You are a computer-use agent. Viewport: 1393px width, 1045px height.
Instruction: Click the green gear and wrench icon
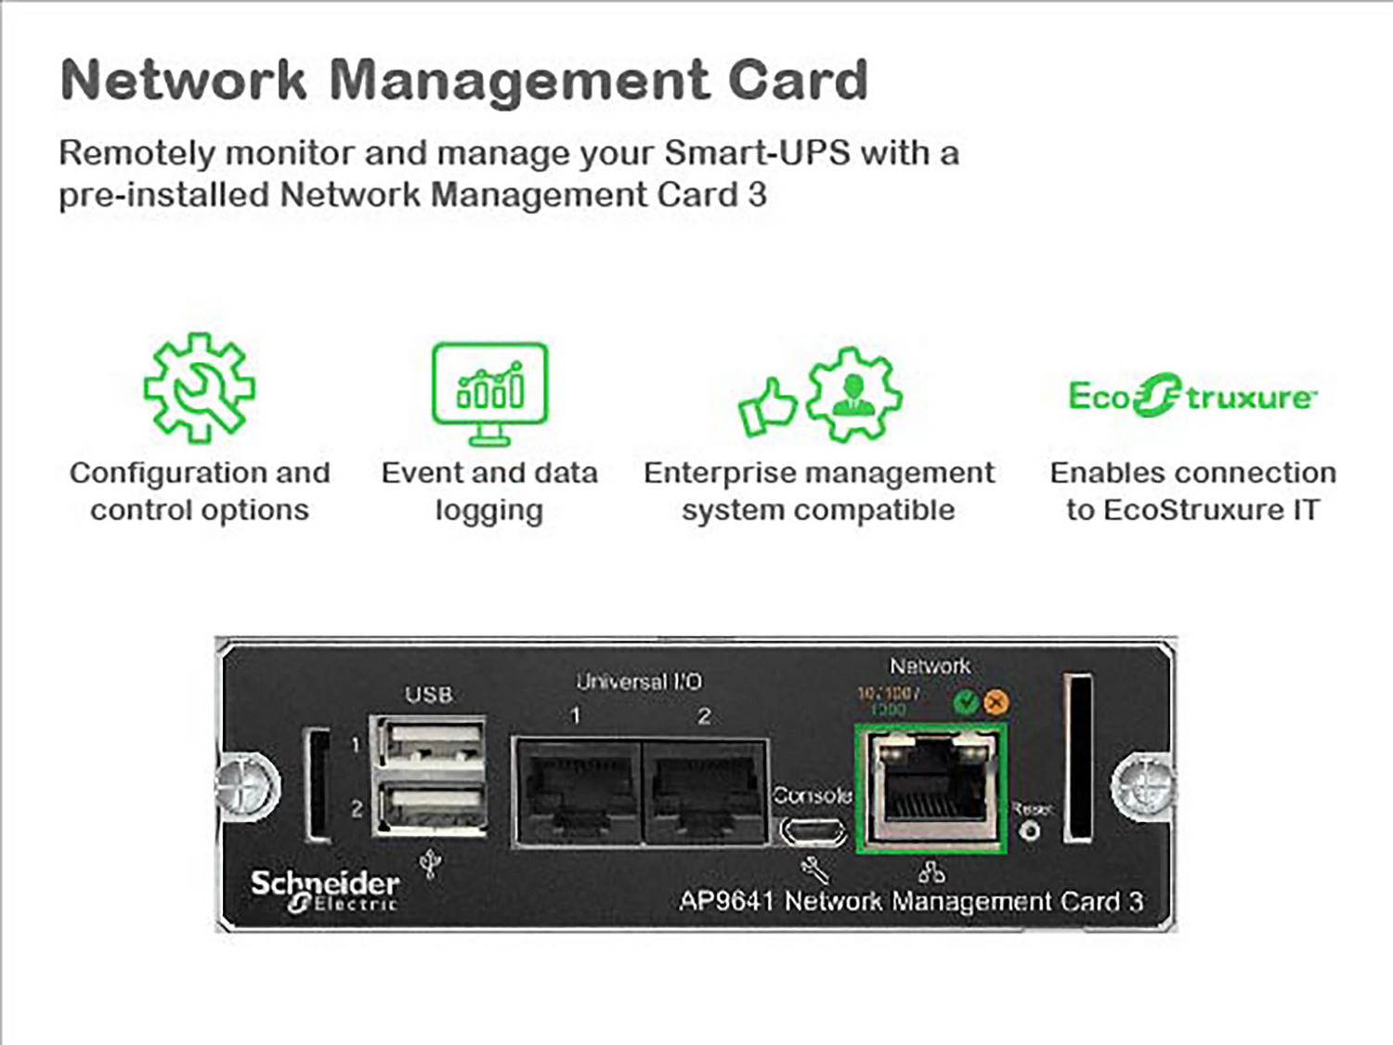pyautogui.click(x=199, y=387)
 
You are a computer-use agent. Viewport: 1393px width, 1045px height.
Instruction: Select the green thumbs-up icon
pyautogui.click(x=766, y=406)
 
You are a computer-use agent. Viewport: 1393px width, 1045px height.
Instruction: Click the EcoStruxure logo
pyautogui.click(x=1191, y=396)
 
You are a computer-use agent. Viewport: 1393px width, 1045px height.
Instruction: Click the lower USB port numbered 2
pyautogui.click(x=431, y=805)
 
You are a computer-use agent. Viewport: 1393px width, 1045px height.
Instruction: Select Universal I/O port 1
pyautogui.click(x=577, y=791)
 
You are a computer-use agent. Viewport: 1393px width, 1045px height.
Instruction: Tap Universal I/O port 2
pyautogui.click(x=705, y=791)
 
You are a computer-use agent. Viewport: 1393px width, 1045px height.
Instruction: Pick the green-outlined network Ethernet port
pyautogui.click(x=931, y=788)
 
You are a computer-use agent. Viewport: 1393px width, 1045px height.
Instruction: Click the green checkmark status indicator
pyautogui.click(x=966, y=702)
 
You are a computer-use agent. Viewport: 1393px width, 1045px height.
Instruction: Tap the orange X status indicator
pyautogui.click(x=996, y=702)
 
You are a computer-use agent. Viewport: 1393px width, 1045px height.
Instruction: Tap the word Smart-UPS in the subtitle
pyautogui.click(x=757, y=152)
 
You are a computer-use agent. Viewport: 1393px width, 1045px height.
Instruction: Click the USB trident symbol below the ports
pyautogui.click(x=430, y=864)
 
